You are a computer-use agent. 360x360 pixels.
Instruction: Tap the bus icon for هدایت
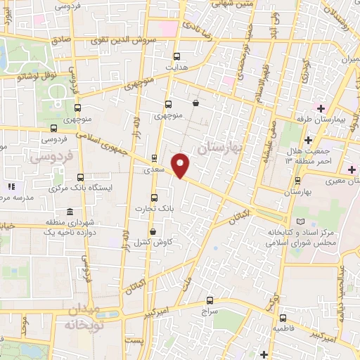pos(176,57)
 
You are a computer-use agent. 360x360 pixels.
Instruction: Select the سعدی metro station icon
pos(155,157)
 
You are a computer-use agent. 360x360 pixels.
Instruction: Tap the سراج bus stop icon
pos(210,298)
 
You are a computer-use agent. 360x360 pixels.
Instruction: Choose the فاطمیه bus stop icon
pos(283,317)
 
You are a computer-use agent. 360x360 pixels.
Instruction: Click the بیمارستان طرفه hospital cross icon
pos(321,108)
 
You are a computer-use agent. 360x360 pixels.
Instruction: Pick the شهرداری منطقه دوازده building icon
pos(69,212)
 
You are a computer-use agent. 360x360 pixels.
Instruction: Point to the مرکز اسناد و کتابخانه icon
pos(302,221)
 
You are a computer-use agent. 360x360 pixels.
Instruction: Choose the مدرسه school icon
pos(11,187)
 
